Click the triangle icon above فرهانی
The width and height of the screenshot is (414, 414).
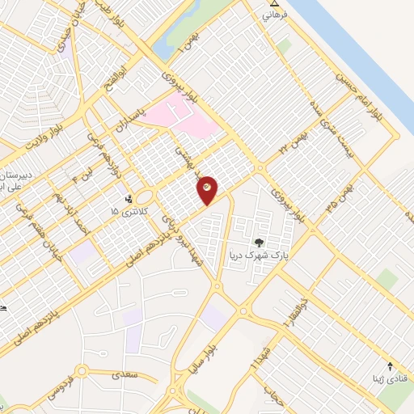click(272, 4)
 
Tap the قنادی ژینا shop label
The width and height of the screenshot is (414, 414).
click(382, 378)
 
